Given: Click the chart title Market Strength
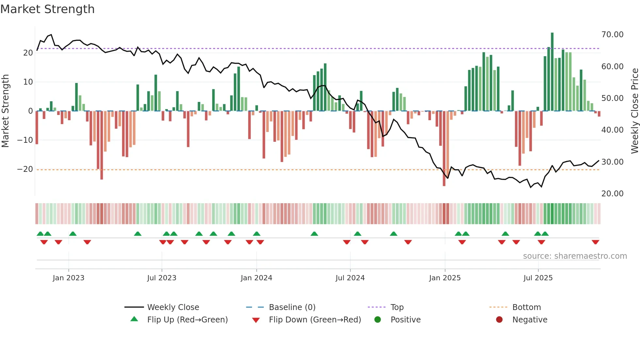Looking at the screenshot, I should pyautogui.click(x=47, y=9).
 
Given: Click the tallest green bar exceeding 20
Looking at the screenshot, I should pyautogui.click(x=552, y=72).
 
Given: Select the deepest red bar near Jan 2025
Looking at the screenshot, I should pyautogui.click(x=444, y=149).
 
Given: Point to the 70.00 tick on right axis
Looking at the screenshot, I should pyautogui.click(x=612, y=35).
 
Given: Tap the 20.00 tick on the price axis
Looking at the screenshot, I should pyautogui.click(x=612, y=194).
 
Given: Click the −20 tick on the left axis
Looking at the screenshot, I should pyautogui.click(x=25, y=169).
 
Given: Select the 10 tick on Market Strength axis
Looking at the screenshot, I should pyautogui.click(x=28, y=82).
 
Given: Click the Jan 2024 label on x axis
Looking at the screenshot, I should pyautogui.click(x=256, y=278).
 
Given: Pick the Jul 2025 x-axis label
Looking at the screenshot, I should pyautogui.click(x=538, y=278).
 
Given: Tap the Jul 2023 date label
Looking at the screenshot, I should pyautogui.click(x=162, y=278).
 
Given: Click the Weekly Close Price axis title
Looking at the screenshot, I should pyautogui.click(x=634, y=111).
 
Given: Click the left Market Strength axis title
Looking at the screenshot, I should pyautogui.click(x=6, y=111).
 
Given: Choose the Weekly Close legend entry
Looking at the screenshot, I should pyautogui.click(x=173, y=307).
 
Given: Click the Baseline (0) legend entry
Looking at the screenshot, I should pyautogui.click(x=292, y=307).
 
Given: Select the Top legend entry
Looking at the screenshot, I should pyautogui.click(x=397, y=307).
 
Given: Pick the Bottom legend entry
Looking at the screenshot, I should pyautogui.click(x=526, y=307).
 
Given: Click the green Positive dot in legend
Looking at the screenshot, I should pyautogui.click(x=378, y=320).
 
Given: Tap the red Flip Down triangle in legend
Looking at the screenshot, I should pyautogui.click(x=256, y=320).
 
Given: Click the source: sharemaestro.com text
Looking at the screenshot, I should pyautogui.click(x=575, y=256).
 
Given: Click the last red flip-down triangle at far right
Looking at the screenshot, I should pyautogui.click(x=595, y=242).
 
